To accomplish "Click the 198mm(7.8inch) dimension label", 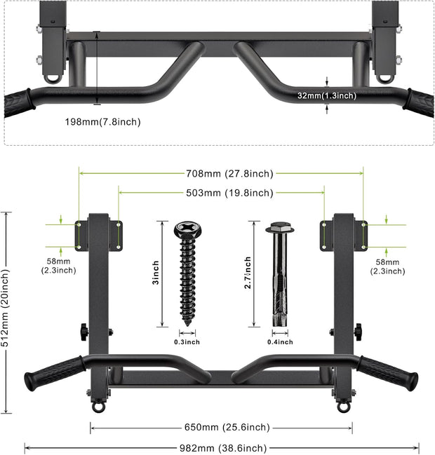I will pos(103,122).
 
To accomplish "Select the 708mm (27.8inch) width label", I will pos(221,174).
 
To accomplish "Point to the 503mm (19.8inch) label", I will pos(221,193).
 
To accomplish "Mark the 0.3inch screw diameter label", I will pos(187,341).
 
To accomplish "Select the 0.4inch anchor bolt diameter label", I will pos(280,341).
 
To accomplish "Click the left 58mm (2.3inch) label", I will pos(58,266).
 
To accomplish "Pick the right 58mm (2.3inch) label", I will pos(387,266).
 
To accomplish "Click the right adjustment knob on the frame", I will pos(358,329).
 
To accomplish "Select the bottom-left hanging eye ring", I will pos(98,406).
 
